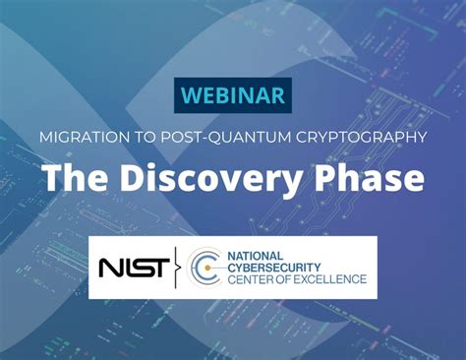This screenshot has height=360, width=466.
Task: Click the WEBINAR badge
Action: [x=233, y=96]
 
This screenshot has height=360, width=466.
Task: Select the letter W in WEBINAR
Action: [x=189, y=96]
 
